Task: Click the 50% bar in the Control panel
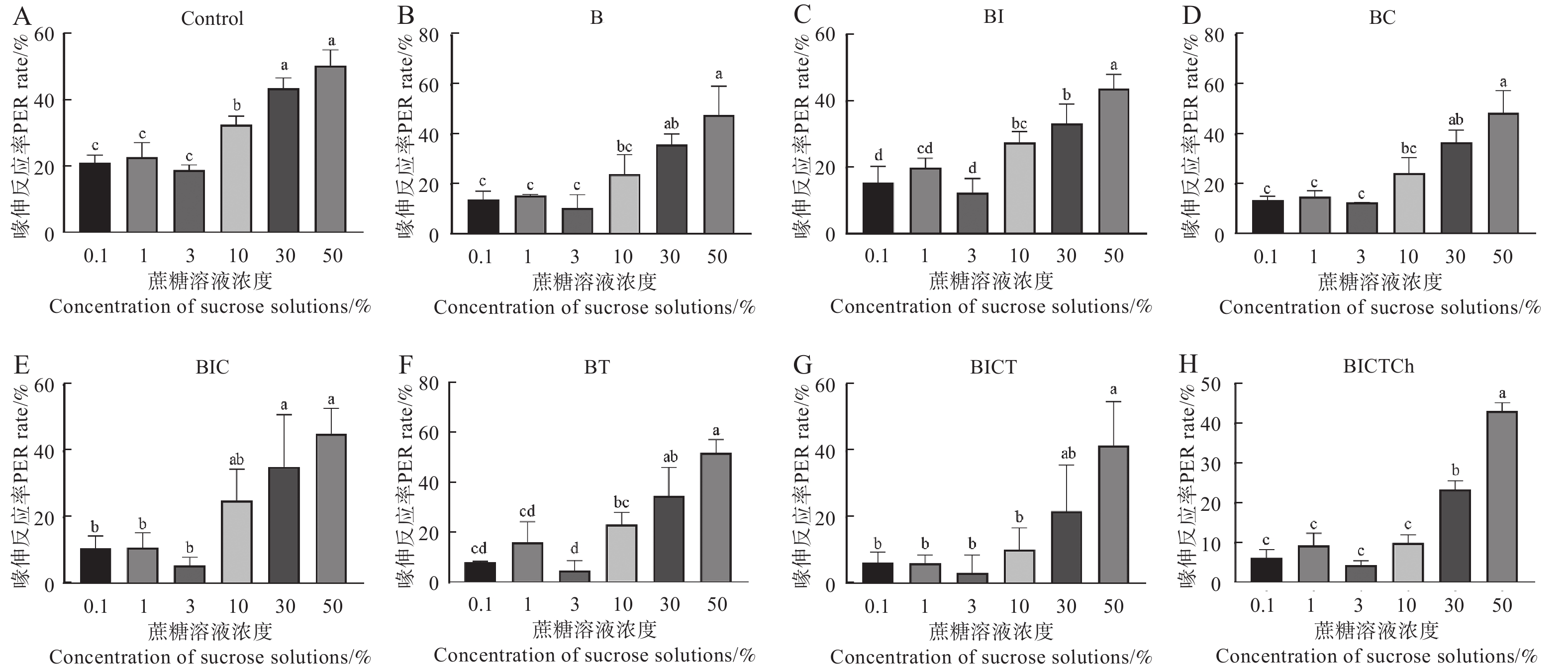331,149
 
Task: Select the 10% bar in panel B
624,203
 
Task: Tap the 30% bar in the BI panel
1067,178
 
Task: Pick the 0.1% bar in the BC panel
1268,216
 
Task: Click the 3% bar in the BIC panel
189,574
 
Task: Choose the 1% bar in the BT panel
527,562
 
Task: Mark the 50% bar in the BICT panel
1113,514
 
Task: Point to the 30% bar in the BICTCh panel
1455,536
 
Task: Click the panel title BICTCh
1378,367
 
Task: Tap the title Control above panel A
212,18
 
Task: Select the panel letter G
803,366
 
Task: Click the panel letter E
21,366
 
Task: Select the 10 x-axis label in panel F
622,604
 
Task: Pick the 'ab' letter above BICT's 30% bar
1068,454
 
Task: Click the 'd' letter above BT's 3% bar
574,549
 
